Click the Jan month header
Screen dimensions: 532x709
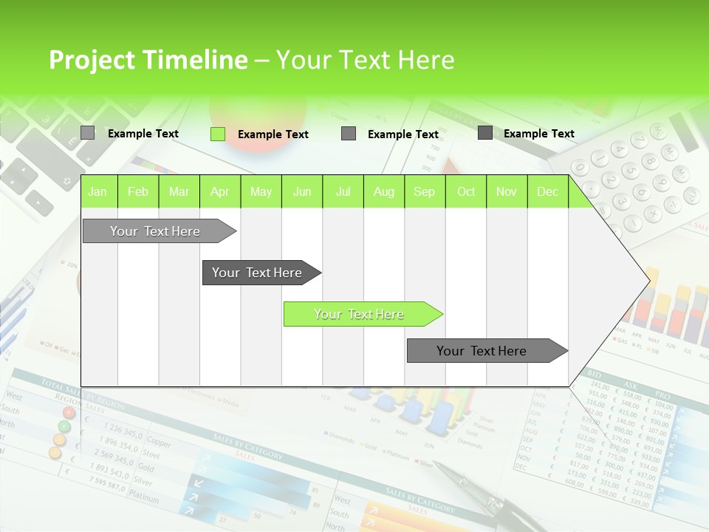click(97, 192)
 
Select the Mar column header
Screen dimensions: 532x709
click(179, 192)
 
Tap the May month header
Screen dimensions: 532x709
click(261, 192)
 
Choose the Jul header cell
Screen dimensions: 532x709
click(343, 192)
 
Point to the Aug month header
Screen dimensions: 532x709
click(383, 192)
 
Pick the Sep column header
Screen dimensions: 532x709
click(424, 192)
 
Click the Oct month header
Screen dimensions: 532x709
click(466, 192)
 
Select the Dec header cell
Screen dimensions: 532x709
click(547, 192)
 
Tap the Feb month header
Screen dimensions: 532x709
click(138, 192)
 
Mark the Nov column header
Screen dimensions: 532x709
click(507, 192)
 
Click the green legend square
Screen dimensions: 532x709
click(218, 134)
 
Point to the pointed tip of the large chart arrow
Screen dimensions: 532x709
click(648, 280)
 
